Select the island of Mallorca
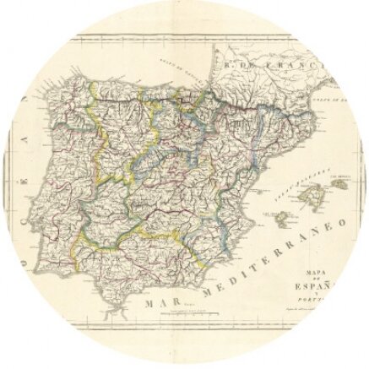coord(308,201)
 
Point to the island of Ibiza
coord(279,219)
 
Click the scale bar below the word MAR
coord(172,313)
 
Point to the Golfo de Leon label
coord(334,100)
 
